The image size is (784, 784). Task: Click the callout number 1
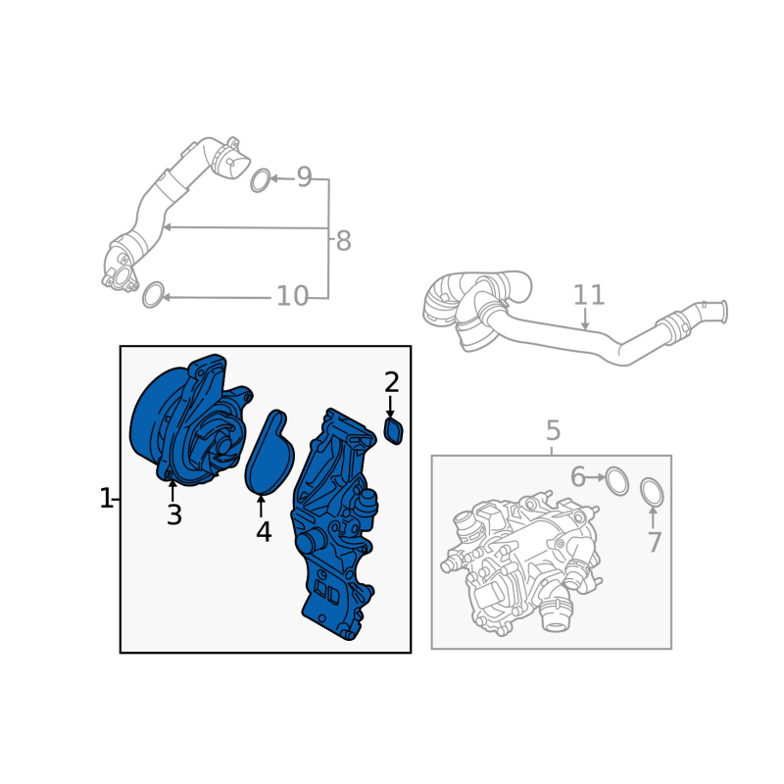point(106,499)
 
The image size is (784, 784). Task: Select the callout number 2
point(391,382)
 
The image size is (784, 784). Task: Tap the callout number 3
point(174,514)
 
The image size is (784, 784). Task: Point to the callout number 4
point(264,531)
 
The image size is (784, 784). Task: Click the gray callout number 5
point(553,430)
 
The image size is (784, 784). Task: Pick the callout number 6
point(577,476)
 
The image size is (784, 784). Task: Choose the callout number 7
point(655,542)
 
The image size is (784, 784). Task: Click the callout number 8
point(343,240)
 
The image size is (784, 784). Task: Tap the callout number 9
point(304,177)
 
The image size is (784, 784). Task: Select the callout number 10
point(292,296)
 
